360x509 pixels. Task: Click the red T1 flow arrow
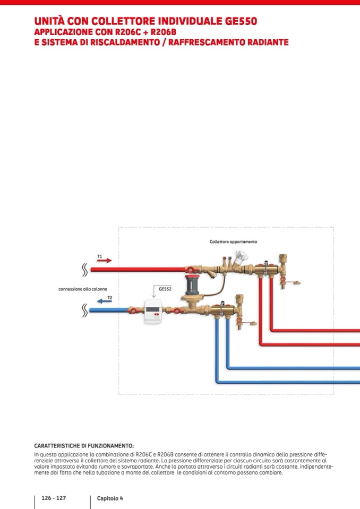click(x=105, y=261)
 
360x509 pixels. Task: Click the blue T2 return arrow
click(x=105, y=301)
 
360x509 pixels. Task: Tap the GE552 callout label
click(x=165, y=289)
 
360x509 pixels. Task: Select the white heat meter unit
click(x=154, y=312)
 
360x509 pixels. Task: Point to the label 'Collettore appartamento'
click(x=233, y=241)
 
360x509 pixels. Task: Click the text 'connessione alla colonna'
click(x=83, y=289)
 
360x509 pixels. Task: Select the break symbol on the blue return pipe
click(x=84, y=310)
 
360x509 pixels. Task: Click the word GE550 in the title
click(x=238, y=21)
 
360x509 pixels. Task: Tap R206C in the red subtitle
click(x=127, y=32)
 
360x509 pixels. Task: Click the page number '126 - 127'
click(x=54, y=498)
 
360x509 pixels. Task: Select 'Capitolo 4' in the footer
click(x=110, y=498)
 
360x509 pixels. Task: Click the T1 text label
click(x=99, y=256)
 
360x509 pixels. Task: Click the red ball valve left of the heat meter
click(x=133, y=309)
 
